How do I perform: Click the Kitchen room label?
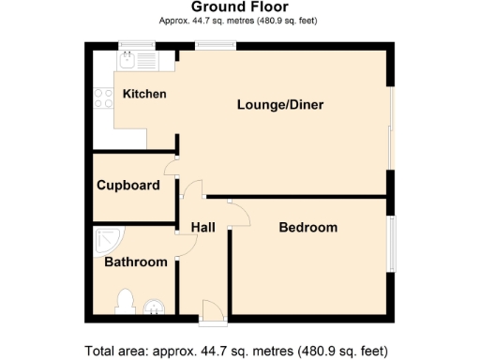(x=144, y=94)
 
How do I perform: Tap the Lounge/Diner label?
(x=279, y=105)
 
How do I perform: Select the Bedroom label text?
(x=307, y=228)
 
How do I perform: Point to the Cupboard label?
(x=128, y=185)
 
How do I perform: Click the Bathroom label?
(x=135, y=262)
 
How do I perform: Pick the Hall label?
(x=203, y=228)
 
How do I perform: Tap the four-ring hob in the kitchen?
(x=101, y=98)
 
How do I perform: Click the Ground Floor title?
(x=240, y=7)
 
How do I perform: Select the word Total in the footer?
(x=102, y=352)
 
